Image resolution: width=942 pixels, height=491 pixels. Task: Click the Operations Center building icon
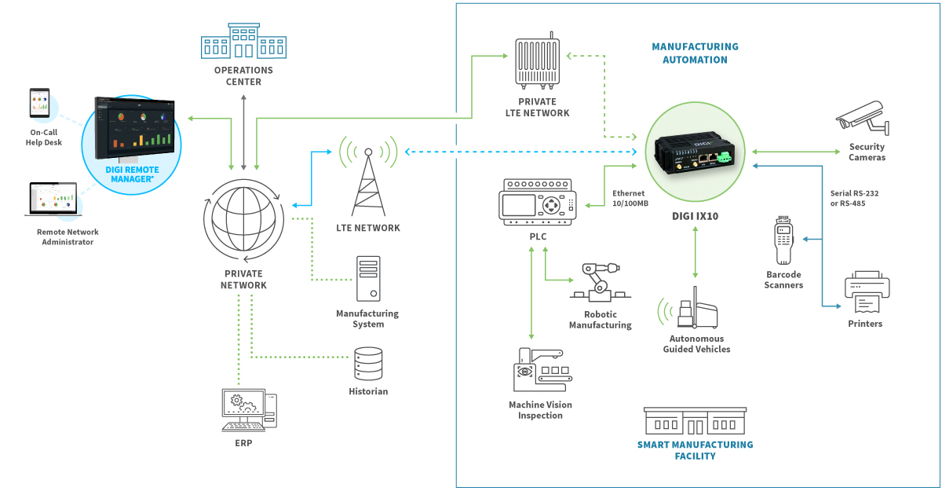coord(243,41)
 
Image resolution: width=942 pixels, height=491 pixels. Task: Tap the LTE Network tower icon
coord(368,181)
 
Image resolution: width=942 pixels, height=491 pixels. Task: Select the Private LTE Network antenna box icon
coord(537,62)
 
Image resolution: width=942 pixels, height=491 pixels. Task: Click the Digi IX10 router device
coord(694,154)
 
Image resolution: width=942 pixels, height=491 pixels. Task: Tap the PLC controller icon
coord(537,203)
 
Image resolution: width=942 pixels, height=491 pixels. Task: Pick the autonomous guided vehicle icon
coord(696,312)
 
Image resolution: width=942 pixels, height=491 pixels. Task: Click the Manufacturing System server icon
coord(367,278)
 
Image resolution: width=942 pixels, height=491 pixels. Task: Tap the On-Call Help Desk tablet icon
coord(39,106)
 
